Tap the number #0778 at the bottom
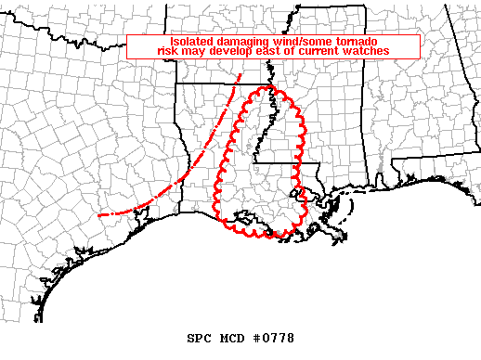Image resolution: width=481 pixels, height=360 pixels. [273, 339]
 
